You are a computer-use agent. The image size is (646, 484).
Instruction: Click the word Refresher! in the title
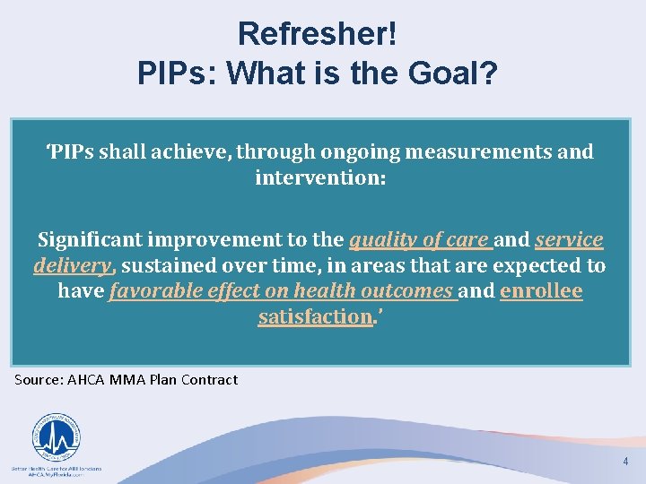pos(317,34)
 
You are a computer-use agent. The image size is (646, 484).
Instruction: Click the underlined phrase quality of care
pos(419,239)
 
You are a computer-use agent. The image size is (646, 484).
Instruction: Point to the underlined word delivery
pos(73,265)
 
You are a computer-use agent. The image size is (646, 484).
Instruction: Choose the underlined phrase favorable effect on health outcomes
pos(281,291)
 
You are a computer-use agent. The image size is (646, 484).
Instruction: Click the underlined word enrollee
pos(541,291)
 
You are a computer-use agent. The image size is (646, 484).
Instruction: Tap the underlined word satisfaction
pos(314,317)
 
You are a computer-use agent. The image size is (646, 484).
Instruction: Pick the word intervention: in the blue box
pos(320,177)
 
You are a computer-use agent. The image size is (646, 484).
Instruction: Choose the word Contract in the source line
pos(209,380)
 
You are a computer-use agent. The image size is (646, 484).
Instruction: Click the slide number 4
pos(625,462)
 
